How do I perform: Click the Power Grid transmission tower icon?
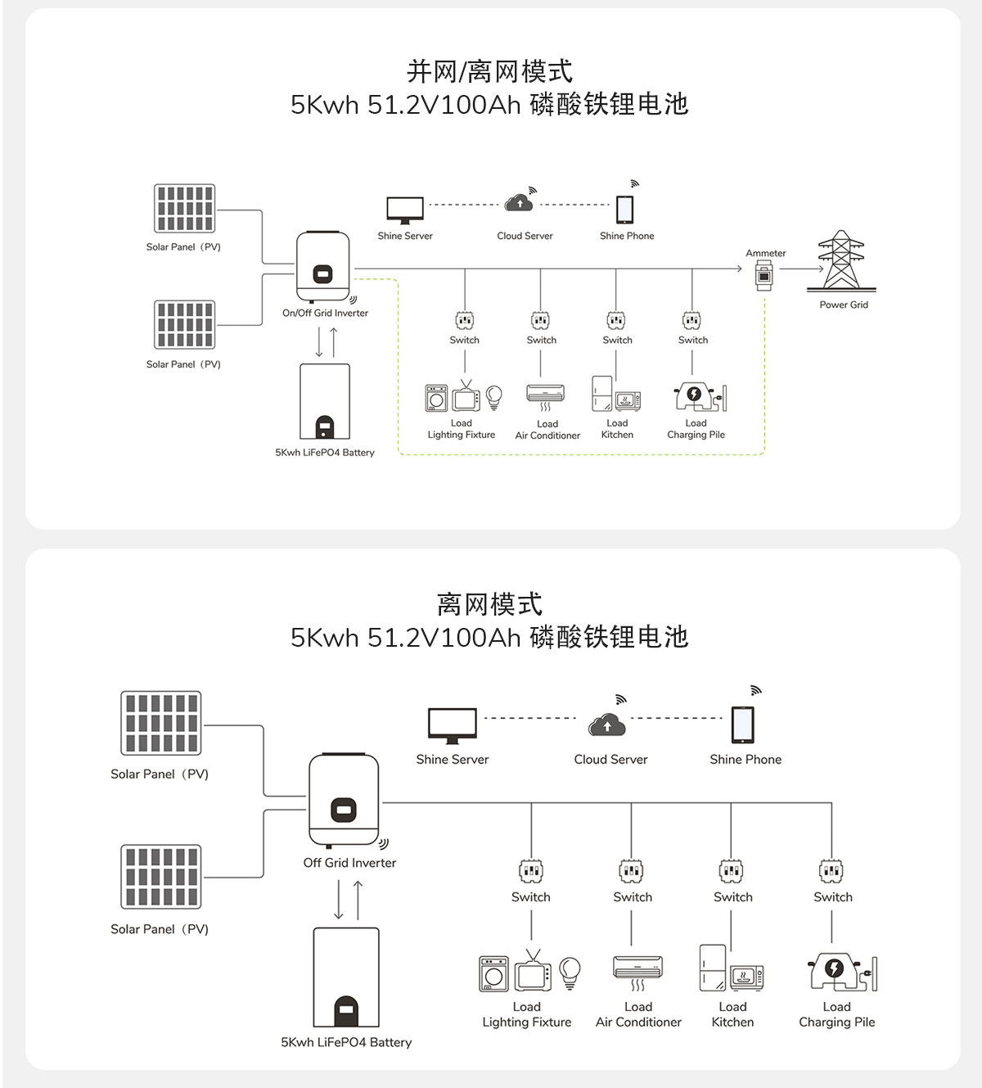[841, 261]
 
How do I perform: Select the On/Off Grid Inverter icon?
[322, 267]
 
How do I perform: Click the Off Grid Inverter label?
[349, 863]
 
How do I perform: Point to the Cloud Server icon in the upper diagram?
[520, 201]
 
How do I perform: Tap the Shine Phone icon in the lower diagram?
[743, 725]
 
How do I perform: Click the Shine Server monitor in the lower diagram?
[452, 725]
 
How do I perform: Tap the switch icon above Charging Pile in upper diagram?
[692, 320]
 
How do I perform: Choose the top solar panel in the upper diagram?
[185, 209]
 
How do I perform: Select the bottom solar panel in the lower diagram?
[161, 877]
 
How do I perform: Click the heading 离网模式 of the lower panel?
[489, 605]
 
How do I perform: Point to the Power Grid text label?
[844, 305]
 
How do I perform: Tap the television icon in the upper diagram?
[466, 398]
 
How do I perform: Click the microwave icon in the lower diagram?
[746, 977]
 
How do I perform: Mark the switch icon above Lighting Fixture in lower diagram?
[531, 870]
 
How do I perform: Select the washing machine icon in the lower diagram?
[493, 974]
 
